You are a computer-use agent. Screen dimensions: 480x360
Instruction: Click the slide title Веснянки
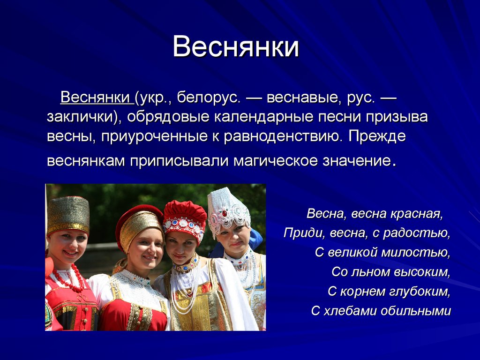tap(236, 47)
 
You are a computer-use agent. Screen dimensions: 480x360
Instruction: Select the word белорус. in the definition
tap(208, 97)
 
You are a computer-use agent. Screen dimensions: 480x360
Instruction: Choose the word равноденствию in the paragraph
tap(282, 136)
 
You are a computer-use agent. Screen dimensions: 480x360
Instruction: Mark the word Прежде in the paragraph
tap(377, 136)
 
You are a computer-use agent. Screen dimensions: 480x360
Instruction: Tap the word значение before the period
tap(357, 161)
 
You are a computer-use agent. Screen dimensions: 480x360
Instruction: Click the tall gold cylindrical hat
tap(68, 215)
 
